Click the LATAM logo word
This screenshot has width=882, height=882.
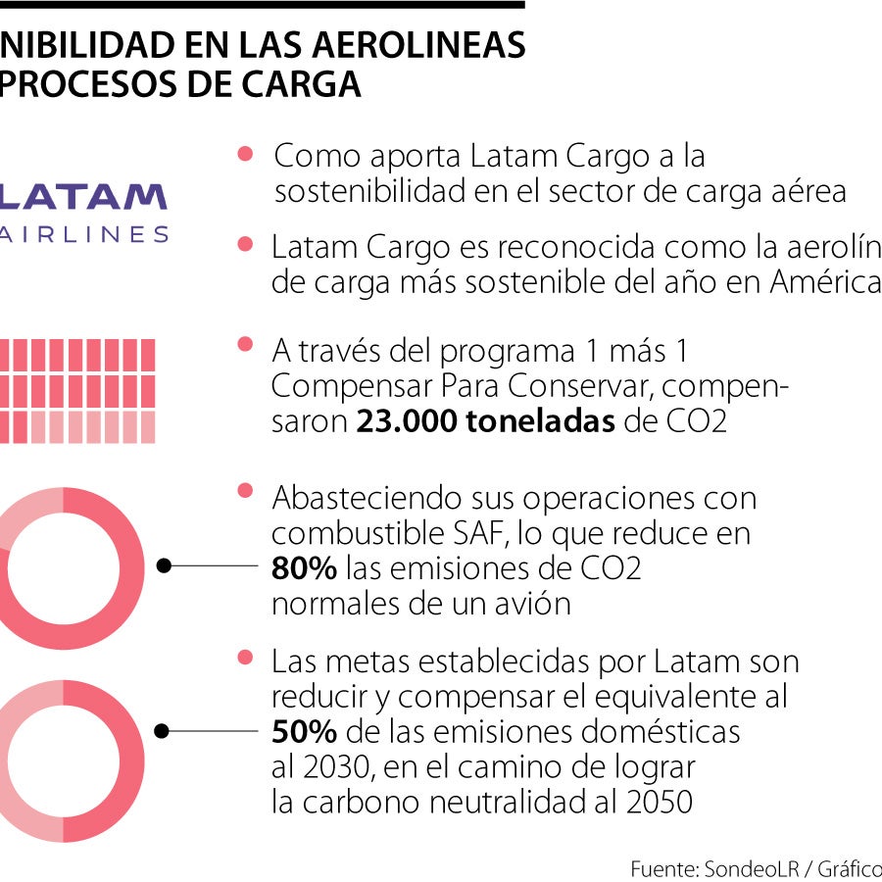82,197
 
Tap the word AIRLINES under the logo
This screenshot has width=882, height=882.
82,234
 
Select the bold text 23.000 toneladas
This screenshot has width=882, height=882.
484,422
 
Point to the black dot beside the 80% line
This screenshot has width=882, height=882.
165,565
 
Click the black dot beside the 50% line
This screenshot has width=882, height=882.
165,730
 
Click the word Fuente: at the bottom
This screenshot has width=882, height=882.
663,868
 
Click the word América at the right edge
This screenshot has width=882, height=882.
825,282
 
